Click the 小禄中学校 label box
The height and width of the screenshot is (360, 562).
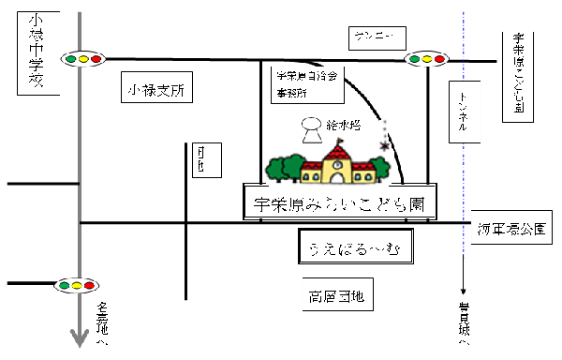coord(36,52)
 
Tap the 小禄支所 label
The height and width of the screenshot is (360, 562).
coord(157,91)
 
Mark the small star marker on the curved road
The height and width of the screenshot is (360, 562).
coord(384,145)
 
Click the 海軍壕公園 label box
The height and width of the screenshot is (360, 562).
coord(515,228)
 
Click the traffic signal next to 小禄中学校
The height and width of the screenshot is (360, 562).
coord(82,59)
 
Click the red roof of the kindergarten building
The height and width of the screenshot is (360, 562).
coord(337,153)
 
